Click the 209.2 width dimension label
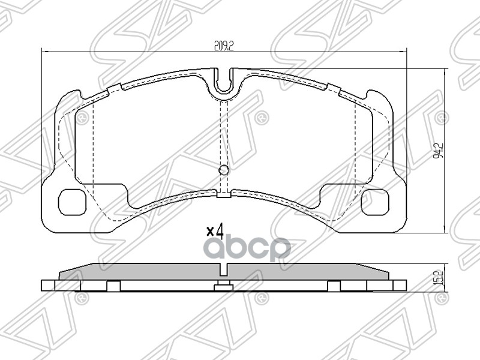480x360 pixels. [x=223, y=44]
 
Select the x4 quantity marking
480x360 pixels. [x=214, y=230]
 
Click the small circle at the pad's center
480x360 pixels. [x=224, y=170]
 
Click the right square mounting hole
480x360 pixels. [x=374, y=201]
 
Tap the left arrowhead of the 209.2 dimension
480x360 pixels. [x=43, y=52]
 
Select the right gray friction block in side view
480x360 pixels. [x=306, y=272]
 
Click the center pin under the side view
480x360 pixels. [x=224, y=287]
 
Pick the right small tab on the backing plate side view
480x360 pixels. [x=334, y=286]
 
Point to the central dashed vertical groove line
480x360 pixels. [x=224, y=132]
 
